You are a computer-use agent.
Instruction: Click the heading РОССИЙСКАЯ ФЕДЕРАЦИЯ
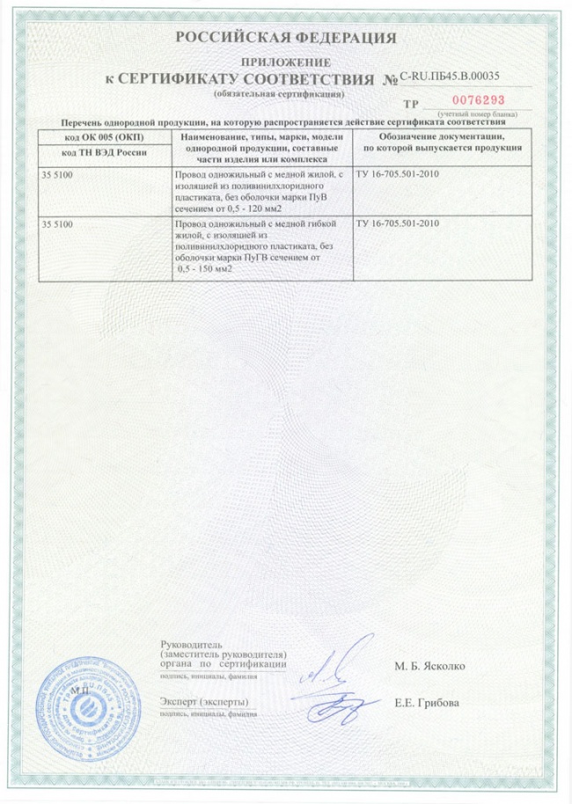tap(286, 37)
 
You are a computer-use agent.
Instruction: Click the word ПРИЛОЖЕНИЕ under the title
tap(286, 62)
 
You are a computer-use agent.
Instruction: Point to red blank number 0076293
tap(475, 100)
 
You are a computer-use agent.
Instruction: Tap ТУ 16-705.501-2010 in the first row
tap(397, 176)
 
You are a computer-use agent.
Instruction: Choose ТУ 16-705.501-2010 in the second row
tap(397, 225)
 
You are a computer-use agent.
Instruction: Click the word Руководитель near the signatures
tap(187, 647)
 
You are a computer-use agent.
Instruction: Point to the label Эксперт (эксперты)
tap(204, 700)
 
